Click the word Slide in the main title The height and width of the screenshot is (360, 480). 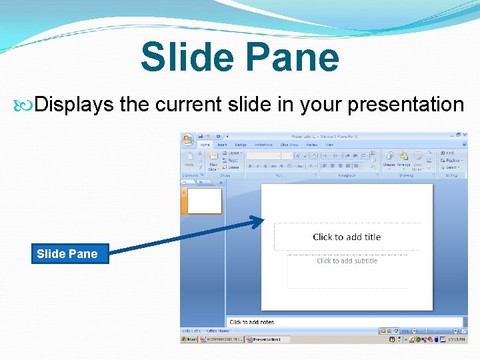186,57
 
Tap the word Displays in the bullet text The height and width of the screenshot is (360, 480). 75,105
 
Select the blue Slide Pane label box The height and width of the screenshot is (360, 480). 70,253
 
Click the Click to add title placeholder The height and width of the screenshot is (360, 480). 347,237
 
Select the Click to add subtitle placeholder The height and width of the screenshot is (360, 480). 347,261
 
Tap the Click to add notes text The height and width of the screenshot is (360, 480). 252,322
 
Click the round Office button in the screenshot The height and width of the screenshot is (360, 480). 189,139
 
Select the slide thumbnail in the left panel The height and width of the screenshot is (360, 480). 204,201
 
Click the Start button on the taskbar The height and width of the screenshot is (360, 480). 190,339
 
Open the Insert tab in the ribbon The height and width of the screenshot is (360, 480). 222,145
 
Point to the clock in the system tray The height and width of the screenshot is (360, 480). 457,339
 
